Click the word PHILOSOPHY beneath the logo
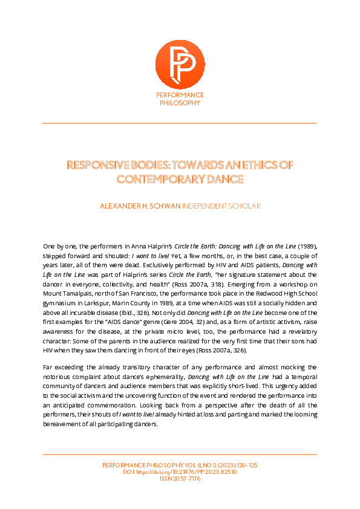180,103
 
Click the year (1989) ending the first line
305,247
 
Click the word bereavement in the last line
63,424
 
